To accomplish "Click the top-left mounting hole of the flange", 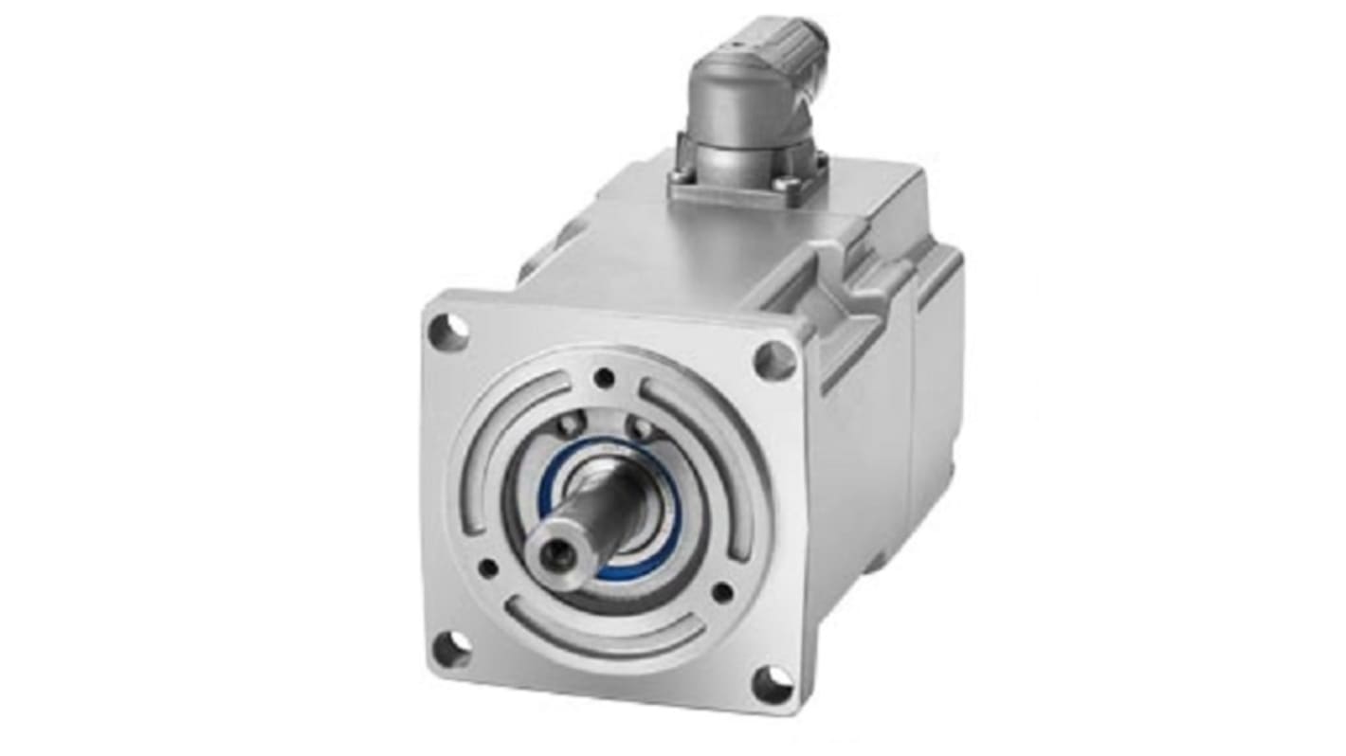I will [448, 331].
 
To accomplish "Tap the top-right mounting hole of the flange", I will [774, 360].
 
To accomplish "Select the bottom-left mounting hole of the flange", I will [451, 648].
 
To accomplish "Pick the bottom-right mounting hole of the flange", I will [773, 684].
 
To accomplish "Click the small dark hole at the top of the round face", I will [604, 378].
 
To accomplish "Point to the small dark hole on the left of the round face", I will [488, 567].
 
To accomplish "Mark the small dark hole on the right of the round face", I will [721, 593].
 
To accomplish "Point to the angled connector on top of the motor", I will [749, 114].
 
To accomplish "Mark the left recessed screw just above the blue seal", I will [571, 425].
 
